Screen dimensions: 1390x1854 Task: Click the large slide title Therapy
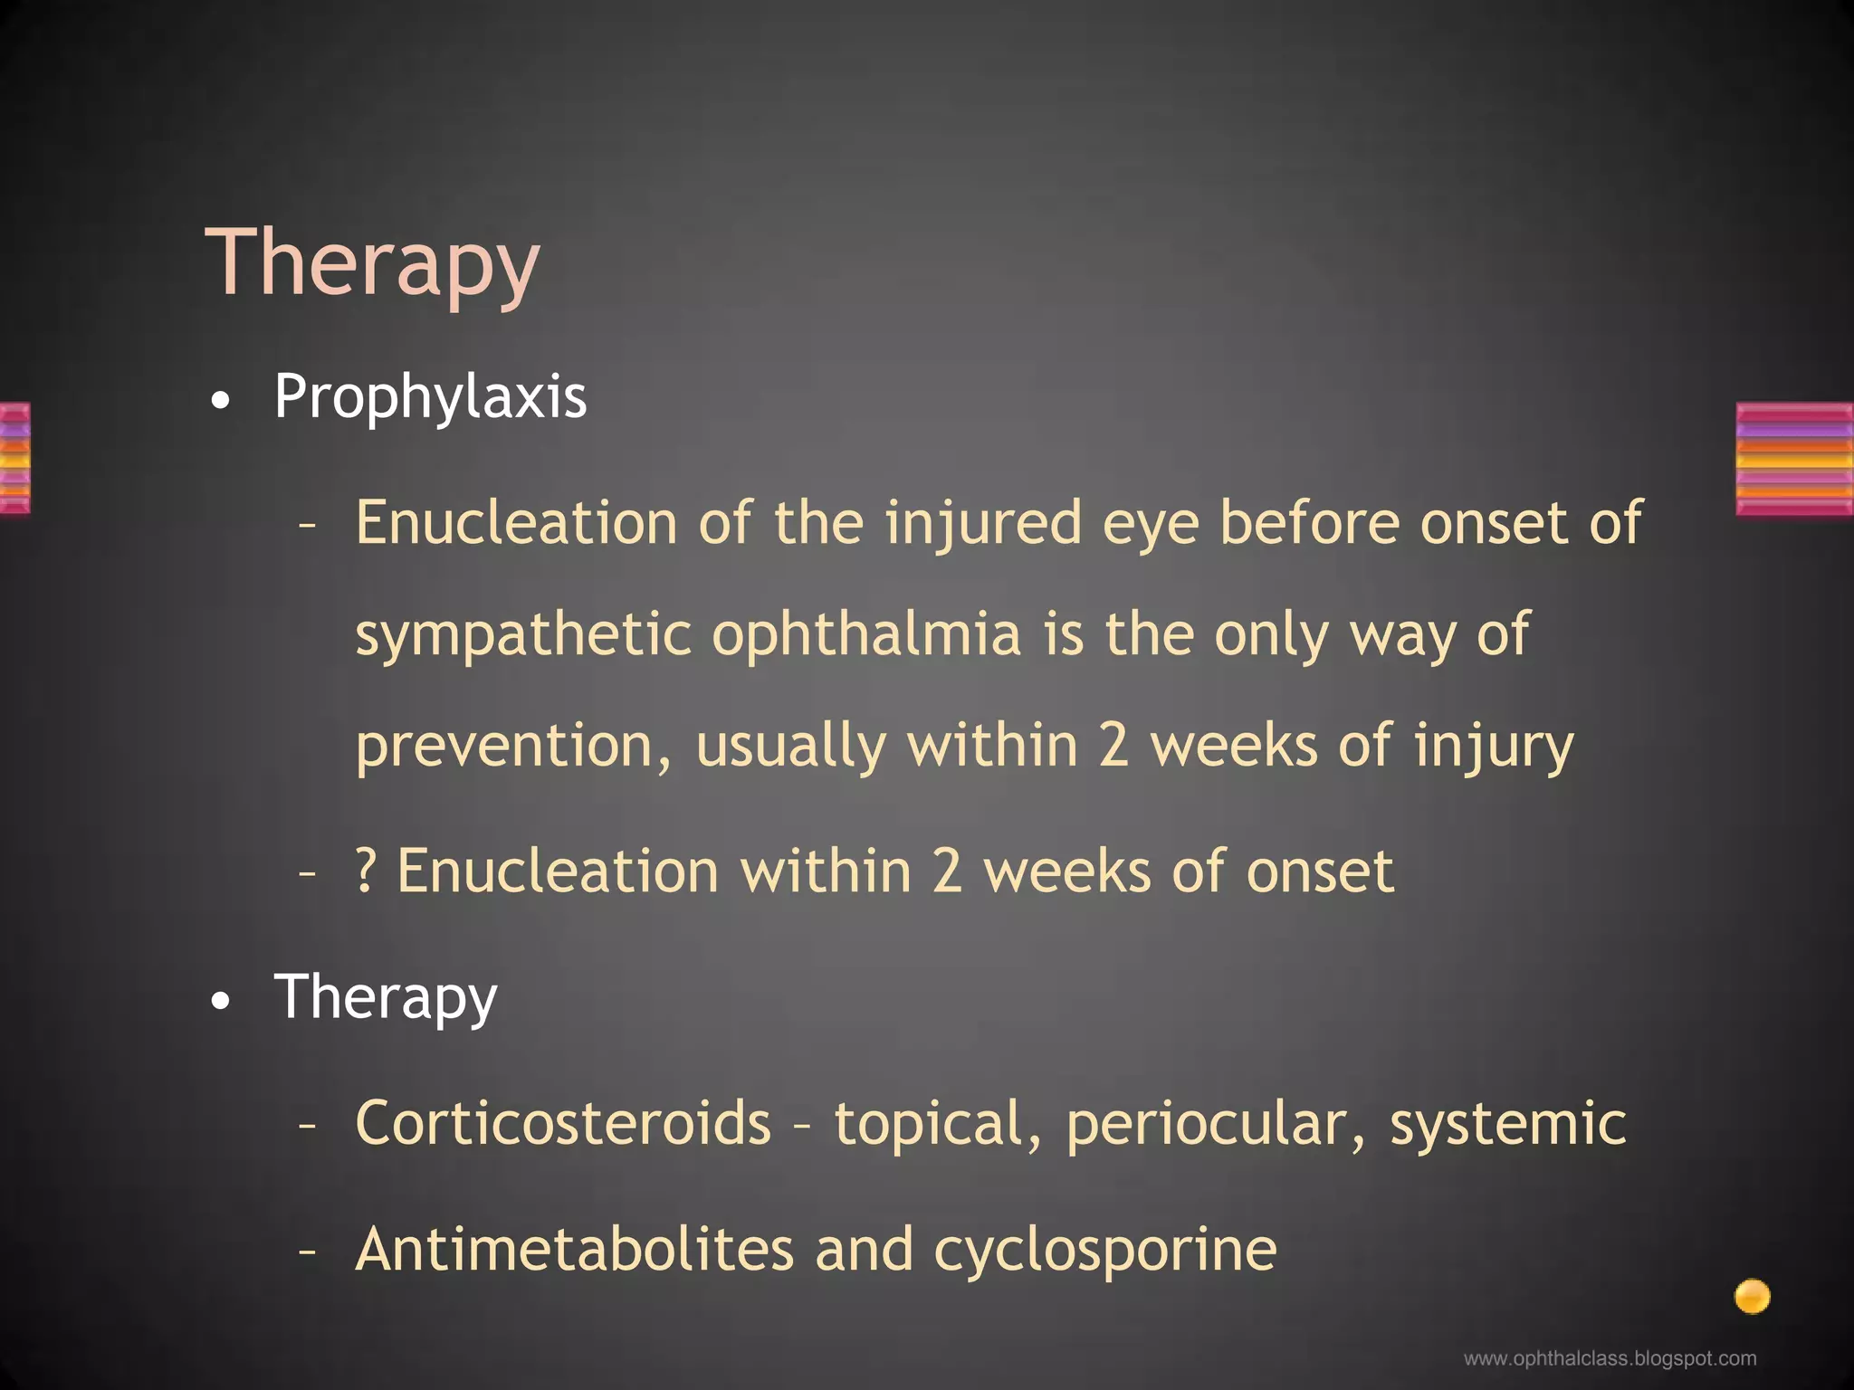click(372, 264)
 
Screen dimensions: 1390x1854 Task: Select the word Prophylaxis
click(430, 398)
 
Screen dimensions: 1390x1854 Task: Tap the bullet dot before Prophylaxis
click(220, 401)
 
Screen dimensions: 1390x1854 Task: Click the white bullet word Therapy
click(386, 998)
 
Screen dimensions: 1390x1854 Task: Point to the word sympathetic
click(523, 635)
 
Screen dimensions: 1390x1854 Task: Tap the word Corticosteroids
click(563, 1123)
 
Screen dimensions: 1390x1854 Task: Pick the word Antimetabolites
click(574, 1250)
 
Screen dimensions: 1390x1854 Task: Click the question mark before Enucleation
click(365, 871)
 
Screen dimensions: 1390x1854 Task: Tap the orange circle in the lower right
click(1752, 1296)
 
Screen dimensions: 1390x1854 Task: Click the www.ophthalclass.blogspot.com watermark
click(1610, 1358)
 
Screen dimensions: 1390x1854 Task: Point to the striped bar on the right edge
click(1794, 459)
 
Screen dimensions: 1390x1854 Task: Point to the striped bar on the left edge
click(14, 458)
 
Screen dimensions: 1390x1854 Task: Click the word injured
click(982, 525)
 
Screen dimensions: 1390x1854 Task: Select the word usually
click(789, 747)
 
